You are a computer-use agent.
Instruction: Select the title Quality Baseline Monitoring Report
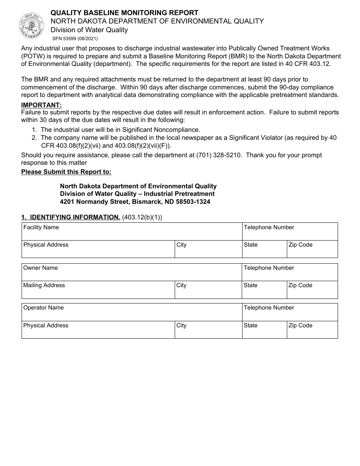(x=124, y=13)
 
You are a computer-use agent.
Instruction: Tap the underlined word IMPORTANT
(x=41, y=105)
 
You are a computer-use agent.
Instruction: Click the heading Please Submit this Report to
(x=66, y=172)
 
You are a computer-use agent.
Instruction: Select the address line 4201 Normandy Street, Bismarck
(x=135, y=202)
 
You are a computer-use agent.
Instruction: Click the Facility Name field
(x=131, y=231)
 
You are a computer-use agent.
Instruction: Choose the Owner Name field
(x=131, y=272)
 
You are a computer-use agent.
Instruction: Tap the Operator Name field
(x=131, y=312)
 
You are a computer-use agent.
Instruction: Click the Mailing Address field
(x=98, y=290)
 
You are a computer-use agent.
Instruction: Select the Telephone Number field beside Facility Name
(x=290, y=231)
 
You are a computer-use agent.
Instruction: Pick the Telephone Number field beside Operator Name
(x=290, y=312)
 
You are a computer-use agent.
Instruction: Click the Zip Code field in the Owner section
(x=312, y=290)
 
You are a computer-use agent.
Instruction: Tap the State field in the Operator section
(x=264, y=330)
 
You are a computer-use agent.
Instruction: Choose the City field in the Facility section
(x=208, y=249)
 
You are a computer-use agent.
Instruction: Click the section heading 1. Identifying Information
(x=71, y=217)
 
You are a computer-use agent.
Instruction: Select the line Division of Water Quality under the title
(x=89, y=30)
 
